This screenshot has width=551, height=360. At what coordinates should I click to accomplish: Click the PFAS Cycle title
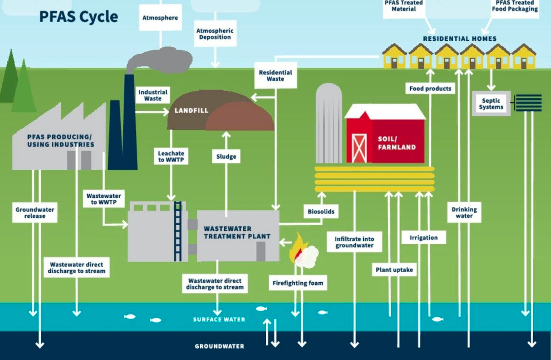[78, 17]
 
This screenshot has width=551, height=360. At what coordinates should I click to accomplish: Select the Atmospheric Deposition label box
[215, 34]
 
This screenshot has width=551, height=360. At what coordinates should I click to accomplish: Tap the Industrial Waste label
[153, 95]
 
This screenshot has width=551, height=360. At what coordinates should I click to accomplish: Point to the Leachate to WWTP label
[171, 156]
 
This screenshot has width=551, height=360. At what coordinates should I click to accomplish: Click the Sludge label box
[226, 156]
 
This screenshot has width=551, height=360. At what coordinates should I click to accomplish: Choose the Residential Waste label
[275, 76]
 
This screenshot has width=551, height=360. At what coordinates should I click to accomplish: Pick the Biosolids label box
[321, 211]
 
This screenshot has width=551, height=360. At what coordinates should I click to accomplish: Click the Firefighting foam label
[298, 283]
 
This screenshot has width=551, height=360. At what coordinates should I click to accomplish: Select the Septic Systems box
[491, 104]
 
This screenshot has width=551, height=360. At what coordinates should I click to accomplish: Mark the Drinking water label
[464, 212]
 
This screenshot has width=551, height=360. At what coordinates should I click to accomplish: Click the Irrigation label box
[424, 237]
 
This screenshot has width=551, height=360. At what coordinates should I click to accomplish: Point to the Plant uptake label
[394, 270]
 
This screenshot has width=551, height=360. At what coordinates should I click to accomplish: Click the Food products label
[430, 89]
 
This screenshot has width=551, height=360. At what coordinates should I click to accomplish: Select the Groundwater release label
[35, 212]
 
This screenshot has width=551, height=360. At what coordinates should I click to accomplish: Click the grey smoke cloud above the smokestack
[161, 59]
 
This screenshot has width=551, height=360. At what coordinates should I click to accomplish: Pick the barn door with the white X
[359, 148]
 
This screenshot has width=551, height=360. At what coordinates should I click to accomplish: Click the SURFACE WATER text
[219, 319]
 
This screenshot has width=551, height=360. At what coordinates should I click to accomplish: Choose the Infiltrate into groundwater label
[354, 242]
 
